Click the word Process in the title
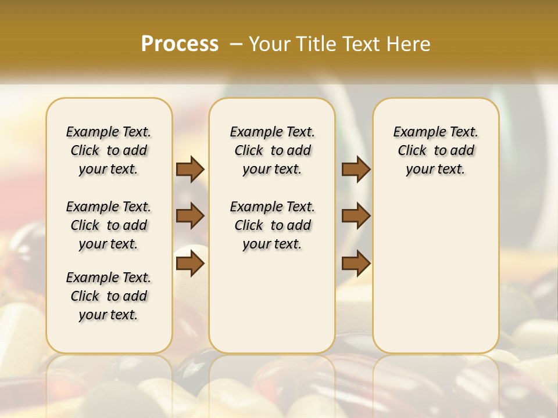(180, 44)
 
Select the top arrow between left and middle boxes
(190, 169)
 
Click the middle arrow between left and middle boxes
(190, 216)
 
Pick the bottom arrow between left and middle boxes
(190, 264)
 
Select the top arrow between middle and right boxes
(356, 169)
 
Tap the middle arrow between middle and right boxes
(356, 216)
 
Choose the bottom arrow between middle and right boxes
(356, 264)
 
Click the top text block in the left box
(109, 150)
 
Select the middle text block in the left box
(109, 225)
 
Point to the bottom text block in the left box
(109, 296)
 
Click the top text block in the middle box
(272, 150)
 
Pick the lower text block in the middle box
(272, 225)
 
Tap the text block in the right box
(435, 150)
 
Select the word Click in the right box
(412, 151)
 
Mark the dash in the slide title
(236, 44)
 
